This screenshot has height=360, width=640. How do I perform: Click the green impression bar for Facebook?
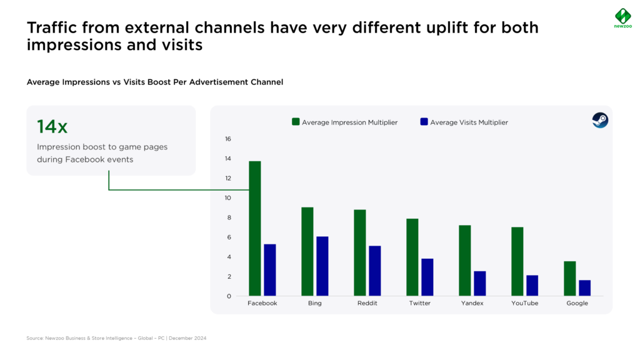[x=255, y=228]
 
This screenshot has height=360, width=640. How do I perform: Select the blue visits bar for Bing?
[x=322, y=266]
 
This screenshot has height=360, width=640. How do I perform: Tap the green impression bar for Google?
[x=570, y=278]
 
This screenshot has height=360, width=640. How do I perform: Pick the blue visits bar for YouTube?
[x=532, y=285]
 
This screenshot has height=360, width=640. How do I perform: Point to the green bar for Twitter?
[x=412, y=257]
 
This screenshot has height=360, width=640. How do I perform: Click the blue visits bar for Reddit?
[x=375, y=271]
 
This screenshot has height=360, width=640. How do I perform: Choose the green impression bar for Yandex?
[x=465, y=261]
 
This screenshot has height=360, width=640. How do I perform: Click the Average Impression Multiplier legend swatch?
[x=296, y=122]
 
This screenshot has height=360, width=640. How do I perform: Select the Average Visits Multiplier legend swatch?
[x=424, y=122]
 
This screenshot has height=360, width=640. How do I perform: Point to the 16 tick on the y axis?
[x=227, y=139]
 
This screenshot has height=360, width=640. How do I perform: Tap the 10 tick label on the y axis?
[x=227, y=198]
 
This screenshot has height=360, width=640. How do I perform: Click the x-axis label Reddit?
[x=367, y=303]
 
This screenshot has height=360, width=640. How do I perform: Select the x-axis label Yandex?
[x=472, y=303]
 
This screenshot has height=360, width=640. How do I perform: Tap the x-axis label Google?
[x=577, y=303]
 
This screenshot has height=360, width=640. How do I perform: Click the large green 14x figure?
[x=52, y=126]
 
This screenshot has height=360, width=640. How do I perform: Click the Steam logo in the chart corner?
[x=600, y=120]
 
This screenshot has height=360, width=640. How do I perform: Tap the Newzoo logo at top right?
[x=623, y=18]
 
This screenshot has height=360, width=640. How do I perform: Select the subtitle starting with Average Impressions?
[x=155, y=82]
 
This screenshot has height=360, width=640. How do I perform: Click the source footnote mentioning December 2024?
[x=116, y=338]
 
